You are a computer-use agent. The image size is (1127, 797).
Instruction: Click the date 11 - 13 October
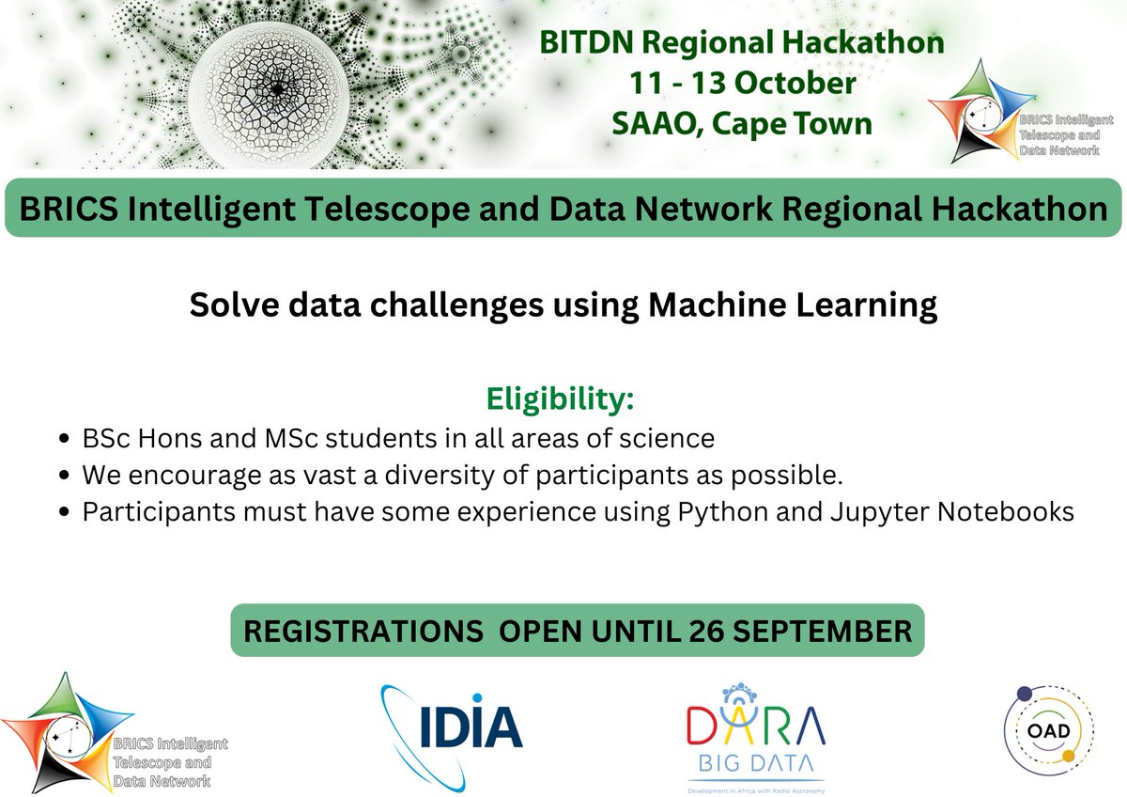[741, 82]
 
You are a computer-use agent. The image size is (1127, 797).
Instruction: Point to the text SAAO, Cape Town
[741, 122]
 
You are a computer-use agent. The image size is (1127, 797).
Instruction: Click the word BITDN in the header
[577, 42]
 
